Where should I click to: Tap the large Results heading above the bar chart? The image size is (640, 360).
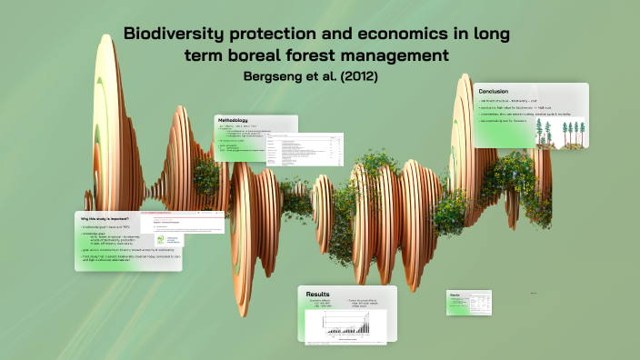coord(318,295)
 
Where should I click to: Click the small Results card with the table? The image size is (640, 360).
coord(469,304)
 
